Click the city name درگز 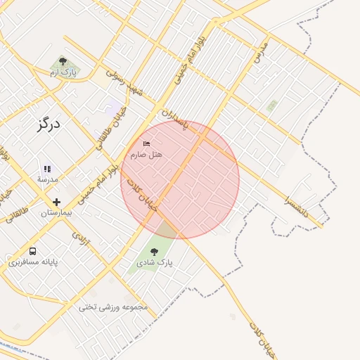point(49,125)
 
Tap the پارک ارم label point(63,72)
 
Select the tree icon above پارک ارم point(63,62)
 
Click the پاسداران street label point(176,117)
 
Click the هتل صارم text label point(146,154)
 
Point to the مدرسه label point(47,179)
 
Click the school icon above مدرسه point(47,169)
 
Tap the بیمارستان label point(57,212)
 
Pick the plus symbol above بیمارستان point(57,202)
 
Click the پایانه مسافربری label point(33,262)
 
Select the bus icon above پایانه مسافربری point(33,251)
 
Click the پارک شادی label point(155,263)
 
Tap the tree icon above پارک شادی point(155,252)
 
